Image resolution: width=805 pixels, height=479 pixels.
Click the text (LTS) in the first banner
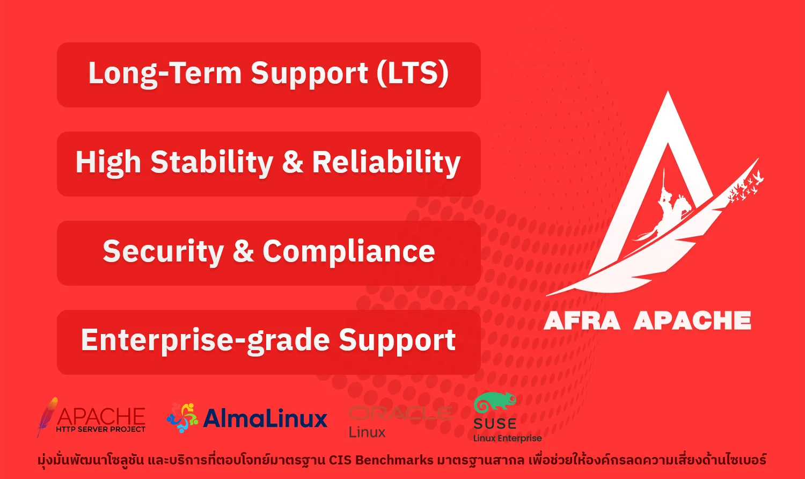click(413, 73)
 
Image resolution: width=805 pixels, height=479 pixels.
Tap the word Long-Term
click(165, 74)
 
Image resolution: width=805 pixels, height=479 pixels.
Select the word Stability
click(212, 163)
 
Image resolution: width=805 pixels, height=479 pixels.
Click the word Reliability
click(386, 163)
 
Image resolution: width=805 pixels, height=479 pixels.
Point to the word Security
click(164, 252)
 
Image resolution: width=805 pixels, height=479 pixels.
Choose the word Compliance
click(349, 252)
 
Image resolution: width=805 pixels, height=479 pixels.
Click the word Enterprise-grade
click(206, 341)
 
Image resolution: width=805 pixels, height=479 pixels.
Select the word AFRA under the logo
click(582, 321)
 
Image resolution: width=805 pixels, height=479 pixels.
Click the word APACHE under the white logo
click(692, 321)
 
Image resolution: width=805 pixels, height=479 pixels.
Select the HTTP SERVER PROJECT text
click(101, 429)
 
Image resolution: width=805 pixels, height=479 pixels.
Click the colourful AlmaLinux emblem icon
click(182, 418)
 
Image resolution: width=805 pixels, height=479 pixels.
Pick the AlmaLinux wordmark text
click(265, 418)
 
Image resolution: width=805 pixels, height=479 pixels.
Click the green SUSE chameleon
click(495, 401)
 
